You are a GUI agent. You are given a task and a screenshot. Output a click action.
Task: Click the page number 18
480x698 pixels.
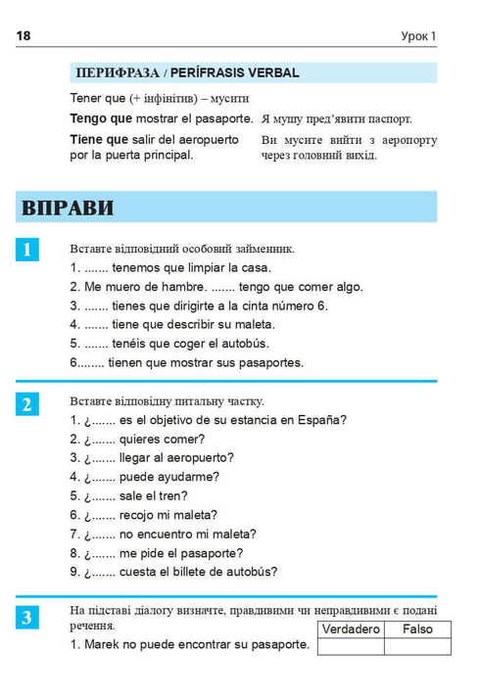[24, 36]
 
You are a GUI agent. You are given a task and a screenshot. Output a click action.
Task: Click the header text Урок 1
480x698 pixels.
[418, 36]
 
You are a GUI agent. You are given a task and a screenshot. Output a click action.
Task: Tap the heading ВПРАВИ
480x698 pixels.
[68, 208]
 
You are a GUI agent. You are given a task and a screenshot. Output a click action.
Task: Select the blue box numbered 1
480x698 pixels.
[27, 250]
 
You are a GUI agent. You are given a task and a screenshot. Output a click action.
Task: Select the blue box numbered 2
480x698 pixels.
[27, 403]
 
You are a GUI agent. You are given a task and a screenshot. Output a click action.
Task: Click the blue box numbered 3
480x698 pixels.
[27, 617]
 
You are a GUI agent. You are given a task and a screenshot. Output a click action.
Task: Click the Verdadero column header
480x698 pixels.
[351, 628]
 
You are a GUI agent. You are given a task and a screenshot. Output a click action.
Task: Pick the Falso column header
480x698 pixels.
[417, 628]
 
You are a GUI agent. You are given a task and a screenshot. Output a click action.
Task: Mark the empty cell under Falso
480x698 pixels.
[417, 646]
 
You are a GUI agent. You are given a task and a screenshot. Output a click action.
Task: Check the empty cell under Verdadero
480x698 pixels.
[351, 646]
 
